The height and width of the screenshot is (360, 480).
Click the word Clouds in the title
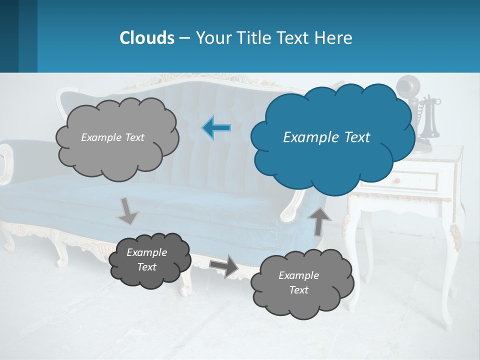(x=147, y=38)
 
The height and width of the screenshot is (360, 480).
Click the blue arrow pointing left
(x=216, y=128)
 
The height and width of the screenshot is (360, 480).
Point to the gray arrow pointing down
(x=127, y=211)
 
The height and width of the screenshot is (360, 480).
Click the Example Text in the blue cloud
(x=326, y=137)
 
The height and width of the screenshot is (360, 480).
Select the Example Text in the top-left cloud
(x=112, y=137)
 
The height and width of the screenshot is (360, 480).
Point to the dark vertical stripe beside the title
(x=28, y=36)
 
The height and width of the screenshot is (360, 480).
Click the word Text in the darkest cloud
(x=147, y=267)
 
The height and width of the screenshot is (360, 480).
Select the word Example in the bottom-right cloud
(x=298, y=275)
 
